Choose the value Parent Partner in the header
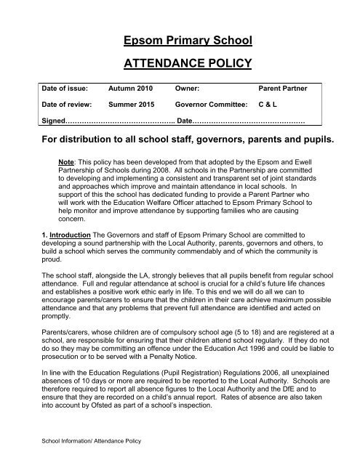click(x=287, y=88)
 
